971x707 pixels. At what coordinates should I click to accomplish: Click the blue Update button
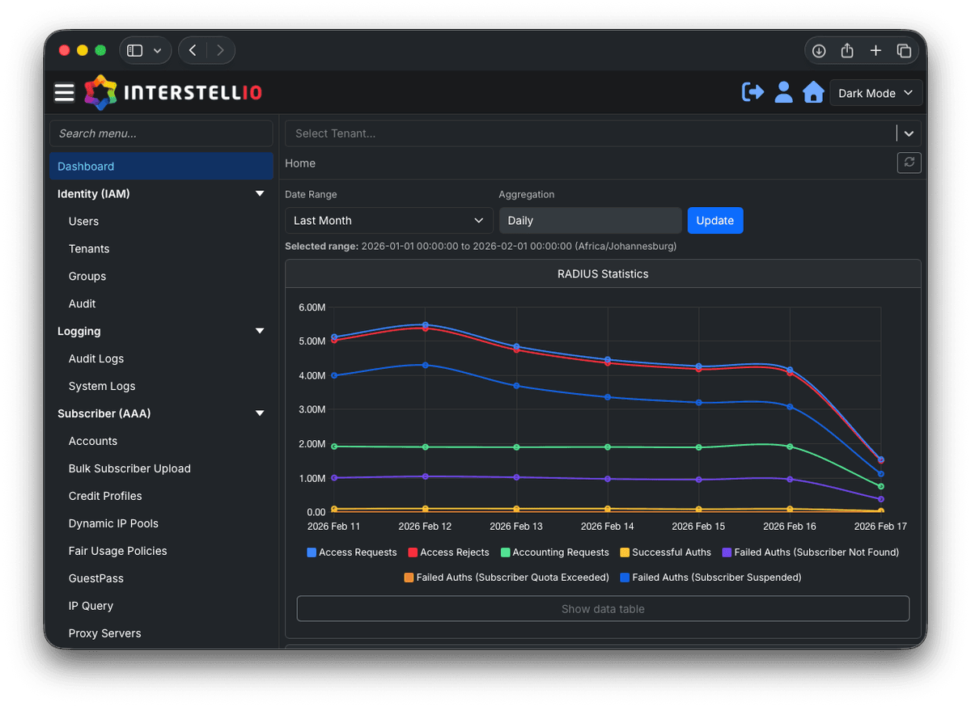[x=714, y=221]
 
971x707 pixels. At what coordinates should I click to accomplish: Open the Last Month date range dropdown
[x=388, y=221]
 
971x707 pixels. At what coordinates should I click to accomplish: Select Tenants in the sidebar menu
[x=89, y=249]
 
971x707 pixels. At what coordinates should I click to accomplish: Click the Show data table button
[x=603, y=609]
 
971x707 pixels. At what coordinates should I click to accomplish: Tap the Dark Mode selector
[x=876, y=93]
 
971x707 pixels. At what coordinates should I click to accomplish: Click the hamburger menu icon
[x=65, y=93]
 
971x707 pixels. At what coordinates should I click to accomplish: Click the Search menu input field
[x=161, y=133]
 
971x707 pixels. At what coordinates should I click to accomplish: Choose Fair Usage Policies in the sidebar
[x=117, y=551]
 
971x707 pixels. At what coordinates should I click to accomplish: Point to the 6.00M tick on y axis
[x=312, y=307]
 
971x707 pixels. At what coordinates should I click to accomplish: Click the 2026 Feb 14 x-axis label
[x=607, y=527]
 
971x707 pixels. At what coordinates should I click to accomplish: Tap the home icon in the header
[x=813, y=92]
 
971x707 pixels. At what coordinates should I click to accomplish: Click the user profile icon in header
[x=783, y=92]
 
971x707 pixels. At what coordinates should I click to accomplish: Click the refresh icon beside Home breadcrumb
[x=909, y=163]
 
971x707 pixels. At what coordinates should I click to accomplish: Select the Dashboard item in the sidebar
[x=86, y=167]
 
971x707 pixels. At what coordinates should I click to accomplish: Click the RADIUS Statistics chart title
[x=603, y=274]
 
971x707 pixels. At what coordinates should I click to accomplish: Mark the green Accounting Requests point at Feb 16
[x=790, y=447]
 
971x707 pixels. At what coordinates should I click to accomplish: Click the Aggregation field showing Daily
[x=590, y=221]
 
